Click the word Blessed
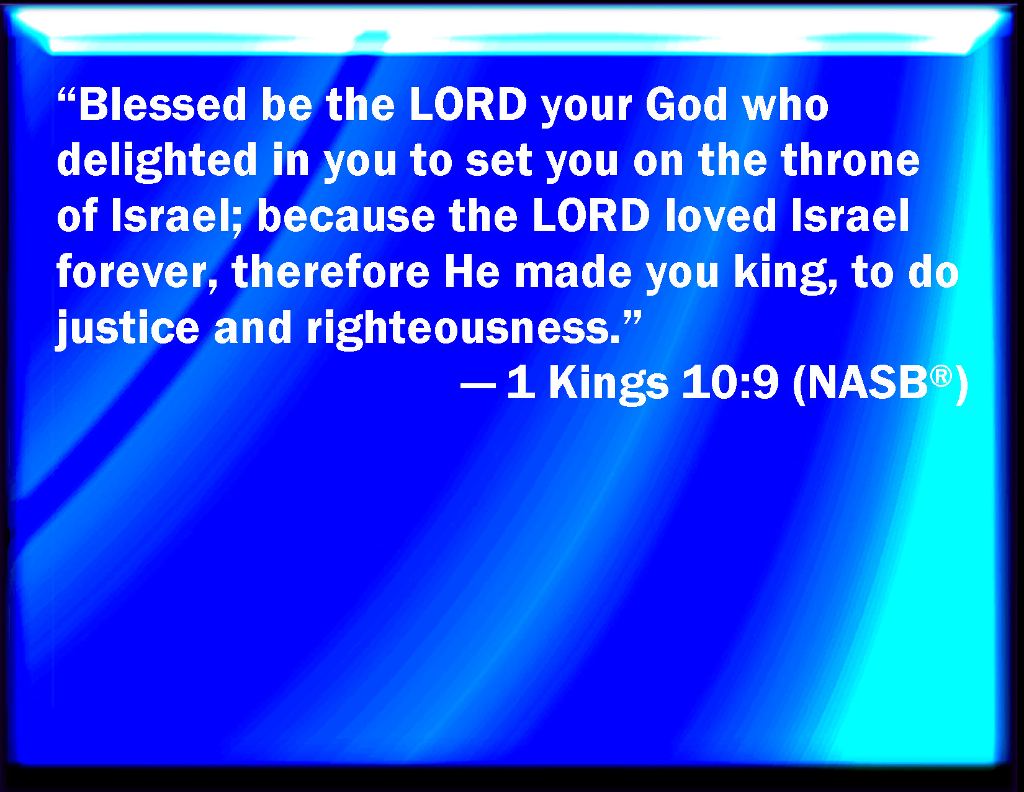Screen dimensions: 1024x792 (x=163, y=104)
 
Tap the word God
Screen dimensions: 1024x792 (x=686, y=104)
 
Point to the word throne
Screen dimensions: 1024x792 (x=850, y=160)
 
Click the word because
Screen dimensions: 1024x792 (x=346, y=216)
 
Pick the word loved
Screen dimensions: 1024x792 (x=721, y=216)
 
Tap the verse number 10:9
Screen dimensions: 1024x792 (x=730, y=384)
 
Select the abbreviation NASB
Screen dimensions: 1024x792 (x=868, y=384)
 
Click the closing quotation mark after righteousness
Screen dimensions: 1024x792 (x=631, y=318)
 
